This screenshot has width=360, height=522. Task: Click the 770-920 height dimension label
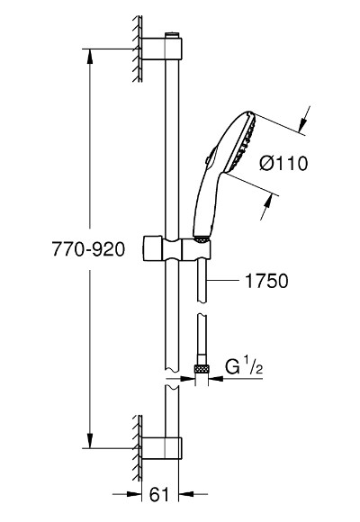coord(88,249)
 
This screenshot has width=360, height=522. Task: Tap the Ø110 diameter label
coord(283,164)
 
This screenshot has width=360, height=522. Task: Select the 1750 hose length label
coord(266,281)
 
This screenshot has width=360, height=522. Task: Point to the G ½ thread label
coord(244,366)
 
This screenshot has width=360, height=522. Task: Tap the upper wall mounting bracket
coord(162,49)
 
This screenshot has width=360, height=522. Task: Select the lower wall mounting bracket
coord(162,448)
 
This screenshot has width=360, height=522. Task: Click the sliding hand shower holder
coord(177,248)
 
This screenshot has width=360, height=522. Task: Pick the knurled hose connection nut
coord(202,369)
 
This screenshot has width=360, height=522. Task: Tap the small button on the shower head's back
coord(208,160)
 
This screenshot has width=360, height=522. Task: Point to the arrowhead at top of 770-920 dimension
coord(89,57)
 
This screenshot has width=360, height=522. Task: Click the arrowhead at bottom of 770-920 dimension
coord(89,440)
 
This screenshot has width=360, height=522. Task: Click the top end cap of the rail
coord(172,35)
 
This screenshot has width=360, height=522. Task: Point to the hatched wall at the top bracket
coord(138,49)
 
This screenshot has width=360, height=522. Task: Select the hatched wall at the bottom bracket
coord(138,448)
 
